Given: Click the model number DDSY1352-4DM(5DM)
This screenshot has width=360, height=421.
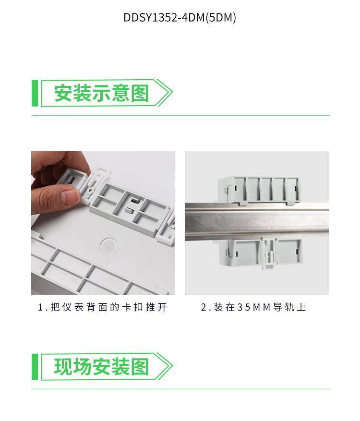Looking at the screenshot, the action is click(x=180, y=18).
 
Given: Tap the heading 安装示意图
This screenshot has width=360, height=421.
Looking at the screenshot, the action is click(x=101, y=93).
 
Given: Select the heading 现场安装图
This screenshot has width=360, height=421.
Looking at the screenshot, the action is click(x=101, y=367).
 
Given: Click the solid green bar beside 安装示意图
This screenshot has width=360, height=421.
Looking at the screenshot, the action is click(x=35, y=93).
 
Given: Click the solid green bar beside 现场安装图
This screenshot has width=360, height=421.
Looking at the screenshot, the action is click(x=35, y=367).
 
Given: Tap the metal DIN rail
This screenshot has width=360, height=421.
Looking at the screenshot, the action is click(x=257, y=222).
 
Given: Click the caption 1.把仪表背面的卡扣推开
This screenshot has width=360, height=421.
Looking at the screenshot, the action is click(x=103, y=307).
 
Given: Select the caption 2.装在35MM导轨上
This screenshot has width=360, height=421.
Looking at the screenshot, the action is click(x=253, y=307).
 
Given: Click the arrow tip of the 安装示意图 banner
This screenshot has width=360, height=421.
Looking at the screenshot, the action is click(x=172, y=93).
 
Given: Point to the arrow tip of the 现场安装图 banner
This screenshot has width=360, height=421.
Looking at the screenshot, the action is click(x=172, y=366).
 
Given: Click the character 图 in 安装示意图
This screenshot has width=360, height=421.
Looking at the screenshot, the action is click(x=140, y=93).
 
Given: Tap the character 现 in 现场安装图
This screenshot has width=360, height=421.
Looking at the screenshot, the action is click(x=63, y=367).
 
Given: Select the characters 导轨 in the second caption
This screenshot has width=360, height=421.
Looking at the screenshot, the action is click(x=284, y=307).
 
